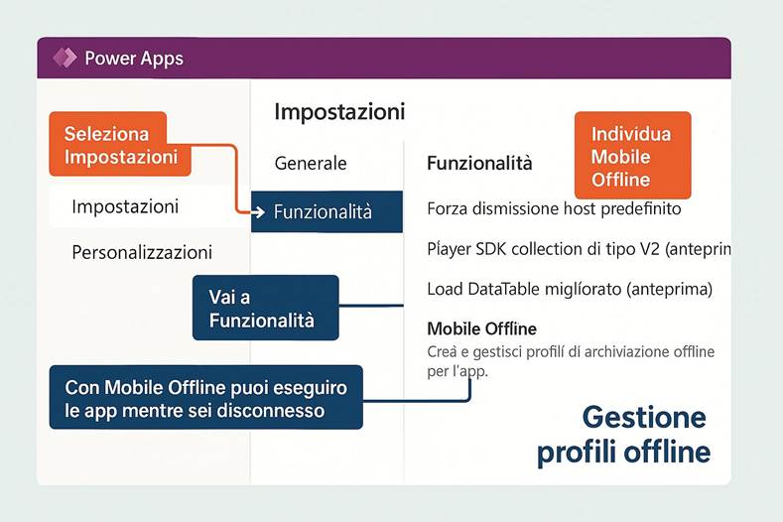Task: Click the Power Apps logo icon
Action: point(65,58)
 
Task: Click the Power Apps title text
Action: point(133,59)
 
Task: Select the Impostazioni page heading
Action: point(339,111)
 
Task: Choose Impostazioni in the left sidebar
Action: point(125,207)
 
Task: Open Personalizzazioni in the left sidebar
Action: point(142,252)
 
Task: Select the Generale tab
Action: point(311,163)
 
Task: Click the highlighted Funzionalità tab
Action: point(327,211)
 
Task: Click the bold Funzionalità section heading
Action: point(479,163)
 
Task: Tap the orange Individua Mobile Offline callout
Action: point(631,157)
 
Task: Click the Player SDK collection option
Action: point(578,249)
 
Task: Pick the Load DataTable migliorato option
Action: point(570,290)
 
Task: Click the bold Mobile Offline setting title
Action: point(481,328)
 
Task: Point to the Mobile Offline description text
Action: point(570,361)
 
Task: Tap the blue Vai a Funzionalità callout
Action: point(265,308)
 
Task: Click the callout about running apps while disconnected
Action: point(205,397)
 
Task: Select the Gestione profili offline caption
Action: point(623,434)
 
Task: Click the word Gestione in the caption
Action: point(643,416)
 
